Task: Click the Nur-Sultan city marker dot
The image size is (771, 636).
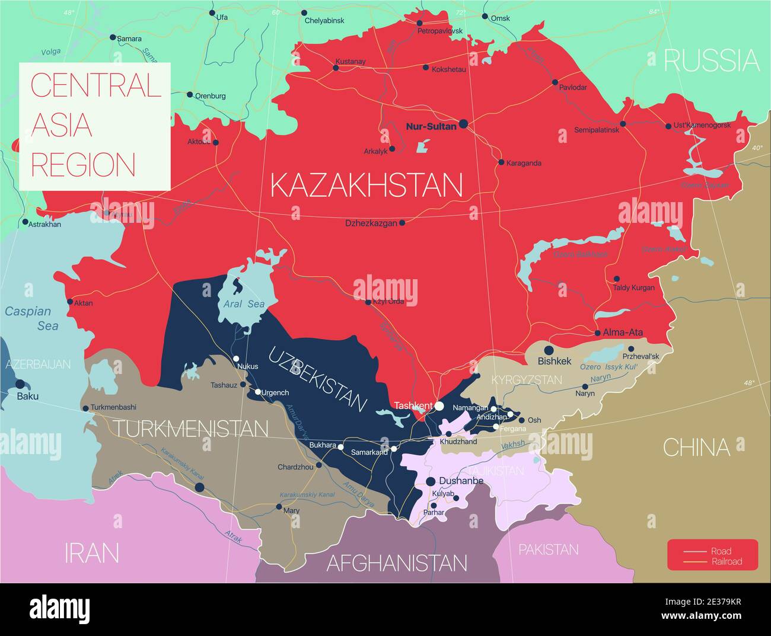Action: pos(463,124)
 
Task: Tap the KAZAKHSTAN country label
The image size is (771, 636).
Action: pos(367,186)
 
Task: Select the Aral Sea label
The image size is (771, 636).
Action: pos(244,304)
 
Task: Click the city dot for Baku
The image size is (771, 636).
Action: pos(20,383)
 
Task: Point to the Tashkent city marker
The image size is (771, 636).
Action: pos(439,406)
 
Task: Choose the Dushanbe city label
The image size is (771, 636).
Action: pos(461,481)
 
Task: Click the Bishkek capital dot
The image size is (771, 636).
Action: pos(549,350)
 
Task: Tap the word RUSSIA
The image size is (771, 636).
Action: pos(711,60)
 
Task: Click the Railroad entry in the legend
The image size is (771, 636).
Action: pos(727,561)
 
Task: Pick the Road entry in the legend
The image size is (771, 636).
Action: pos(721,551)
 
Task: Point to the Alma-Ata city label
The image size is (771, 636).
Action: pos(623,333)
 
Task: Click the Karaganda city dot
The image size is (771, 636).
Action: pos(501,162)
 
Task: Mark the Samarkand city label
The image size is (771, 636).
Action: pos(369,452)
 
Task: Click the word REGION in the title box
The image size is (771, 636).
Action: pos(83,164)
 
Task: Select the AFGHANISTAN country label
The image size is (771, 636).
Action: pos(397,563)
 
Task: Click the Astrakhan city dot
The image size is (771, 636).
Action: pos(25,223)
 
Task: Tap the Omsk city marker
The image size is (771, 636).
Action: pos(485,17)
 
